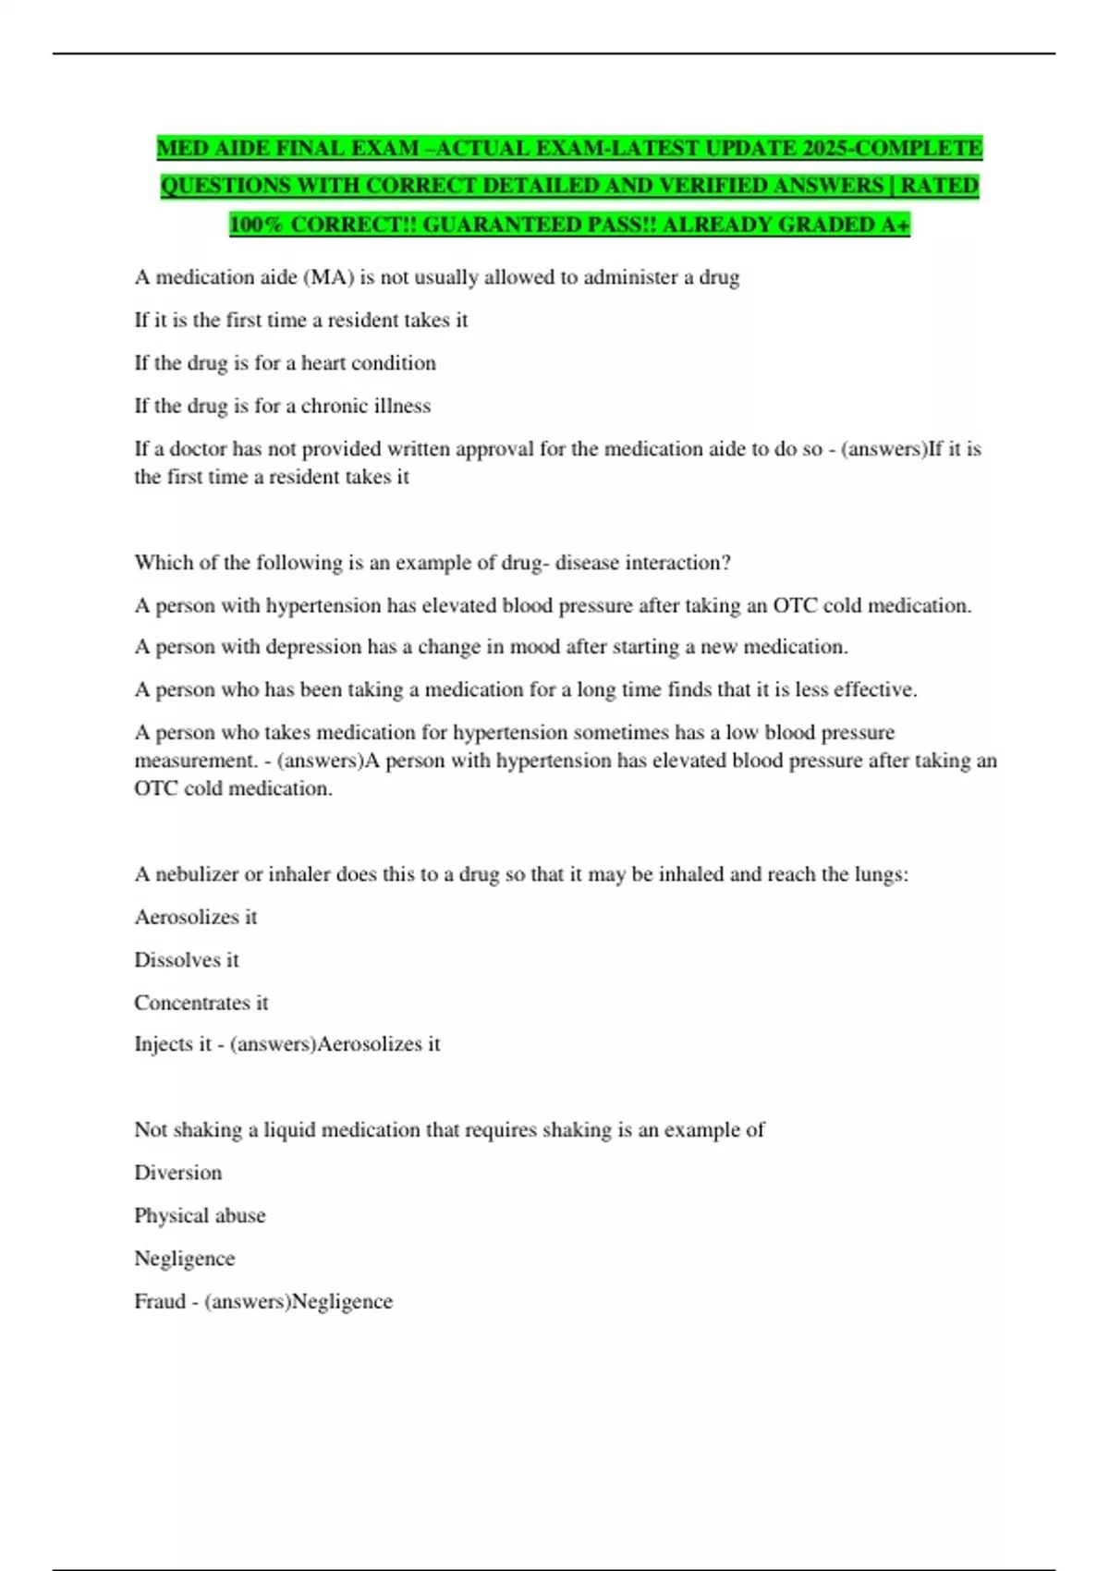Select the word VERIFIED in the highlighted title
tap(727, 186)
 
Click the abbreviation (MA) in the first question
tap(329, 277)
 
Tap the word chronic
tap(338, 406)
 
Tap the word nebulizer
tap(196, 874)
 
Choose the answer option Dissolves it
tap(187, 960)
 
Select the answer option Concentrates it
tap(201, 1003)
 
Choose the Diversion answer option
tap(178, 1173)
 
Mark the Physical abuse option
tap(200, 1215)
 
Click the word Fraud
tap(159, 1301)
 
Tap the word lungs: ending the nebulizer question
tap(881, 874)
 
